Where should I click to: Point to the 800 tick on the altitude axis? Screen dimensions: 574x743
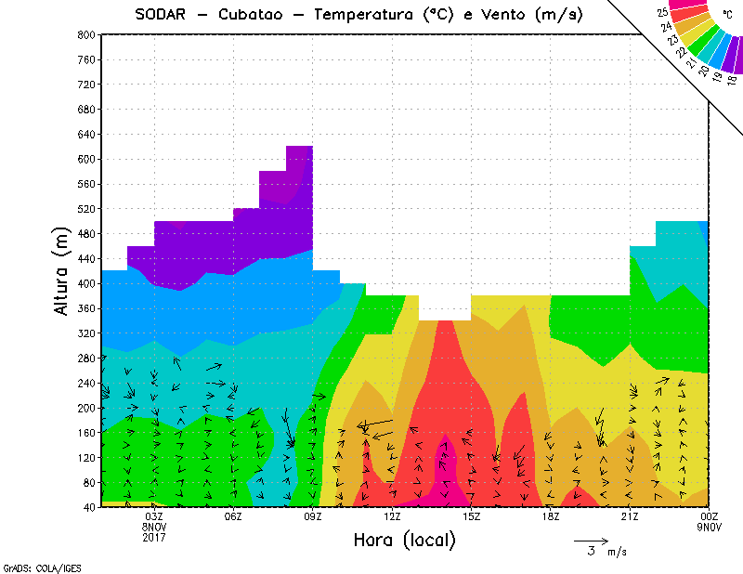(x=86, y=34)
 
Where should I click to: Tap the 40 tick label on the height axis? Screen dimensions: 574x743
(x=89, y=508)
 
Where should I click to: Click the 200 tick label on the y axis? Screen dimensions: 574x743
(x=86, y=408)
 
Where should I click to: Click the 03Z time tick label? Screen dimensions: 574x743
(x=154, y=516)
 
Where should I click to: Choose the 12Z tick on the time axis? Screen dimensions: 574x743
(x=392, y=516)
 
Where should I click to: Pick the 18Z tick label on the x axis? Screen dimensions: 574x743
(x=551, y=516)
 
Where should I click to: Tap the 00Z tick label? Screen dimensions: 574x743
(x=710, y=516)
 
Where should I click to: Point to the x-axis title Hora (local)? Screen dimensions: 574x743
(x=404, y=540)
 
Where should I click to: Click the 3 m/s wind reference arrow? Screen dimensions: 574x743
(x=590, y=540)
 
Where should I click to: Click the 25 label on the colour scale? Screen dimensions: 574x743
(x=662, y=13)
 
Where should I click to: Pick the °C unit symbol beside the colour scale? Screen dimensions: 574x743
(x=727, y=16)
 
